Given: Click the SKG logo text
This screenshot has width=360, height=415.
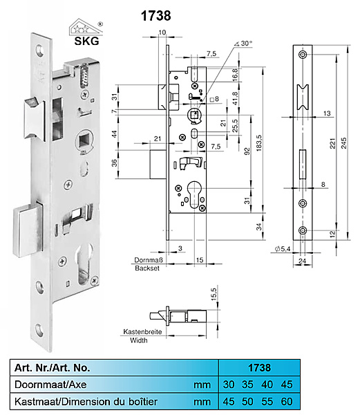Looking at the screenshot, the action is [x=86, y=41].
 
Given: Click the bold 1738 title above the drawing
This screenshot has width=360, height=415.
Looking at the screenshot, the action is [x=156, y=16].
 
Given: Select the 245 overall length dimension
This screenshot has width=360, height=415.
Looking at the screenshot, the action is [x=343, y=143].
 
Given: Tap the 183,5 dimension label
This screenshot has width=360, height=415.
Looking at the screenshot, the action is [x=258, y=143].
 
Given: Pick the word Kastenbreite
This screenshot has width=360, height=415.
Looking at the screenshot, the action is [x=142, y=331].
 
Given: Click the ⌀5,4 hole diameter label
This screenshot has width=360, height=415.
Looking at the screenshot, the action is [x=283, y=249].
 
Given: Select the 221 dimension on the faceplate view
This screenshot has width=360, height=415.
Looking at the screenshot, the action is [x=332, y=143].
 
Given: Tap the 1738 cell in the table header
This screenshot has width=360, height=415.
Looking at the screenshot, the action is [x=259, y=368].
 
